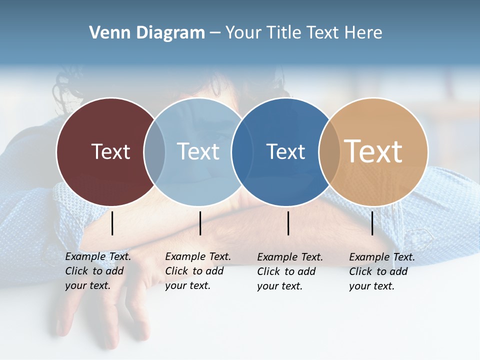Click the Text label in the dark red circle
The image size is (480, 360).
tap(110, 151)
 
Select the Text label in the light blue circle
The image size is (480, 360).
tap(198, 151)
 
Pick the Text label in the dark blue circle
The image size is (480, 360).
tap(285, 151)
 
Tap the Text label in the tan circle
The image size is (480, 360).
tap(373, 151)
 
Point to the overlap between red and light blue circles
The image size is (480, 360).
tap(154, 151)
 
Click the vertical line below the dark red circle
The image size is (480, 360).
tap(112, 223)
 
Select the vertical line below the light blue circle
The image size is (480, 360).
tap(200, 223)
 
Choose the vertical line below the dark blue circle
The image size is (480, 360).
tap(288, 223)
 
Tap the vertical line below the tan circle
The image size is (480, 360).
tap(372, 223)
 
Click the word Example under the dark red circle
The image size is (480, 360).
tap(85, 257)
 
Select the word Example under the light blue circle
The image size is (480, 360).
tap(185, 257)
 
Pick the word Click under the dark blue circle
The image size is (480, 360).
tap(268, 271)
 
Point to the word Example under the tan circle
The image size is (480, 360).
tap(369, 257)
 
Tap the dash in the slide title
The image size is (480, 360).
tap(215, 33)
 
